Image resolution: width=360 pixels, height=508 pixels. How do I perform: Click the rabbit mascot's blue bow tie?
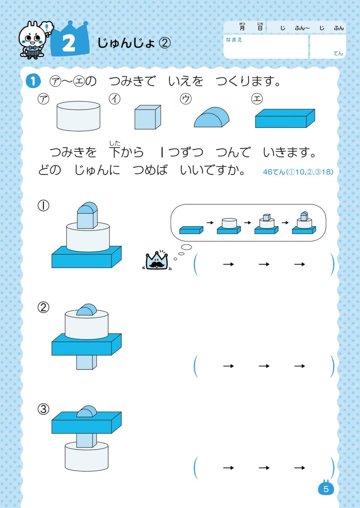coord(32,47)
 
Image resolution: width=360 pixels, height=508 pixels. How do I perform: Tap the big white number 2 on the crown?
coord(69,44)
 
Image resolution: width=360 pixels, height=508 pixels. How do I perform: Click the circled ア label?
coord(43,99)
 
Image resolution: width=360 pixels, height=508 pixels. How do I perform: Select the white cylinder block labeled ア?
coord(78,116)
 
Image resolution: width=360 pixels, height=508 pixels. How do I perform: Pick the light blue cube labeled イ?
coord(148,117)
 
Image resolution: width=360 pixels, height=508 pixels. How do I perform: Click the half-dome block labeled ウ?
coord(212,117)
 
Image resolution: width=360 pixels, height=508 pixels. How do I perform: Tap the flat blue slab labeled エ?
coord(285,118)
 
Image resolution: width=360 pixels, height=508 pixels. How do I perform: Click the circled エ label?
coord(257,99)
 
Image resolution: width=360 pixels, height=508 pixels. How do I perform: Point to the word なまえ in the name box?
coord(234,40)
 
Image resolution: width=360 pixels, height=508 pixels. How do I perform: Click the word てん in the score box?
coord(338,53)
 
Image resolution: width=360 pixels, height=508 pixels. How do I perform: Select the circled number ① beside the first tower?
coord(43,206)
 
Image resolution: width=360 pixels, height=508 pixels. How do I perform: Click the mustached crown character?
coord(157,260)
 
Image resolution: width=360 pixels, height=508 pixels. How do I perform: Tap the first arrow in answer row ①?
coord(229,264)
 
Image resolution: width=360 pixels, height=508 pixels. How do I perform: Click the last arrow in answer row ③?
coord(300,468)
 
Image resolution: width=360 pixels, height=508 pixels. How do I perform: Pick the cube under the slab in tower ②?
coord(87,362)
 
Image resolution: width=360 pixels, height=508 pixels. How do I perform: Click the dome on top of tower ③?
coord(87,412)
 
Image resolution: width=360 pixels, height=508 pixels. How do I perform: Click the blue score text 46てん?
coord(274,172)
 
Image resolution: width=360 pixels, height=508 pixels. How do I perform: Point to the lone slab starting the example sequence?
coord(191,230)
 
